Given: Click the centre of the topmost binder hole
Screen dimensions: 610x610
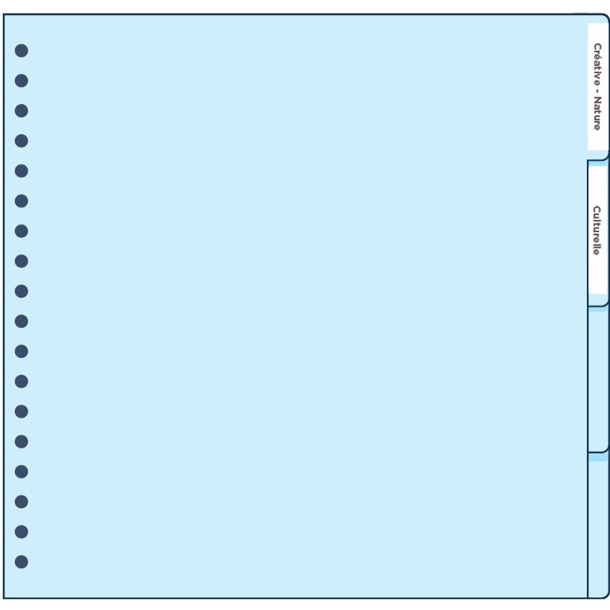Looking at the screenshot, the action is pos(22,51).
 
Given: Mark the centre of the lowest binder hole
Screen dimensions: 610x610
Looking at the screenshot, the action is pos(22,562).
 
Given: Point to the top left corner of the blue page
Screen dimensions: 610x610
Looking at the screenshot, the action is pos(4,14).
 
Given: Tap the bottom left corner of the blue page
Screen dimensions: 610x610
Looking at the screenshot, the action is pos(4,598).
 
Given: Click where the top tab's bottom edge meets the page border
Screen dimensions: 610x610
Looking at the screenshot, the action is pos(588,160).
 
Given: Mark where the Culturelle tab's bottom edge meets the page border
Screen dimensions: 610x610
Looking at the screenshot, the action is pos(588,306).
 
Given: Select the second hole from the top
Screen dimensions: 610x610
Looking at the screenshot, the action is pos(22,81).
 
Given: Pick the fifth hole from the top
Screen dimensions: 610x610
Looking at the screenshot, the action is pos(22,171).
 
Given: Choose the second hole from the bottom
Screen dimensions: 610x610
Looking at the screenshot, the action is pos(22,532).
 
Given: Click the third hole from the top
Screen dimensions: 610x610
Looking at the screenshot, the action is pos(22,111).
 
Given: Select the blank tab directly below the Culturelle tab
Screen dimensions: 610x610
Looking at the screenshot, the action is pos(598,379).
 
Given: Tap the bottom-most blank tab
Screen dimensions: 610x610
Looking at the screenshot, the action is pos(598,525).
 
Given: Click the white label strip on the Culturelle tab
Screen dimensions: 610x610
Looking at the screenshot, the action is pos(598,230).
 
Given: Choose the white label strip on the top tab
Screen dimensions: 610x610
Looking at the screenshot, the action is pos(598,87).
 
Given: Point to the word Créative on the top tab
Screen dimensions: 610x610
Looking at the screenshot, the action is pos(597,64).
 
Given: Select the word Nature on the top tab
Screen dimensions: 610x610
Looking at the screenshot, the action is pos(597,113).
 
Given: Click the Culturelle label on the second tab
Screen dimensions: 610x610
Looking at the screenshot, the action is pos(597,231).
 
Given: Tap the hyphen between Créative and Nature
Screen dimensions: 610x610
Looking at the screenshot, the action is pos(596,91).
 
